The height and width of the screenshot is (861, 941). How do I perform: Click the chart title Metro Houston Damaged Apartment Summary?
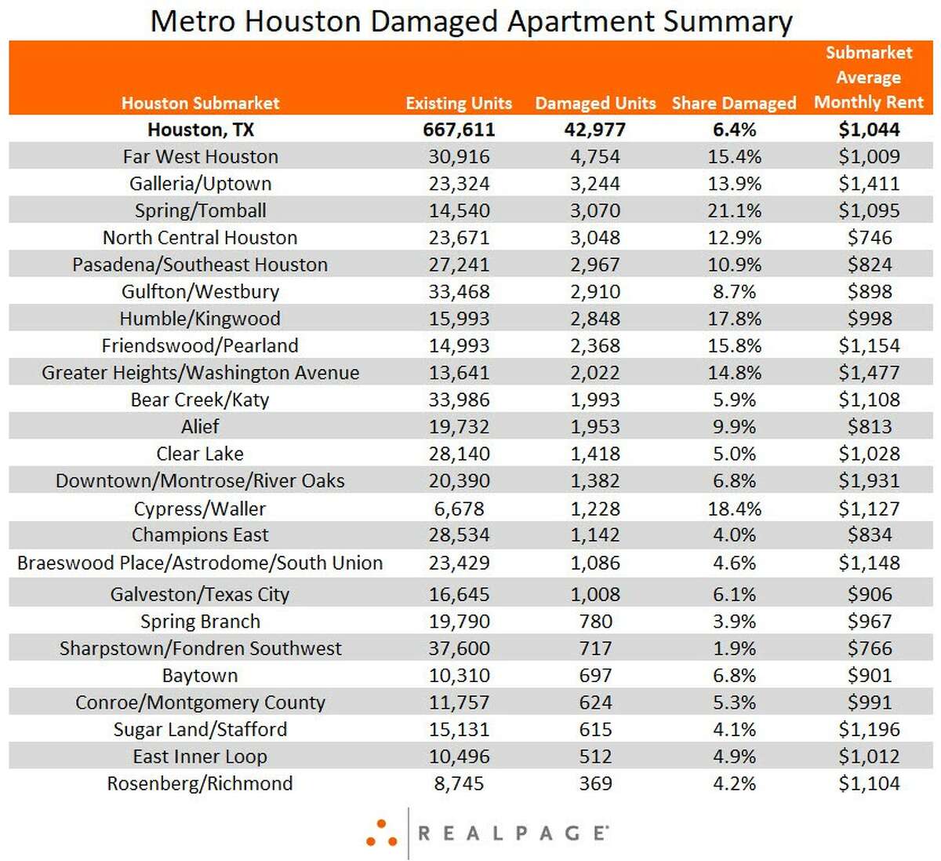pos(471,22)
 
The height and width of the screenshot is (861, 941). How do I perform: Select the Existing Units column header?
pos(459,103)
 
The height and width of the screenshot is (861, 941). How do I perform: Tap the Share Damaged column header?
pos(734,103)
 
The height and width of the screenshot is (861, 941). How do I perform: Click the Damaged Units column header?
pos(595,103)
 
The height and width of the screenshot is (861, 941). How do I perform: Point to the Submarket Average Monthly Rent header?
pos(869,78)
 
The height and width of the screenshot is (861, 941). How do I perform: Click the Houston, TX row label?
pos(201,130)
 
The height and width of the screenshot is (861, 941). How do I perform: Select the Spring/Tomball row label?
pos(201,211)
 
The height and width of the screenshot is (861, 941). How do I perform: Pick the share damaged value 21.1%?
pos(734,210)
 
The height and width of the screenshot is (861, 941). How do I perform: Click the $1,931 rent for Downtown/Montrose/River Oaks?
pos(869,480)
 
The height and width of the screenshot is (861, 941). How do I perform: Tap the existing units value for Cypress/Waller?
pos(459,509)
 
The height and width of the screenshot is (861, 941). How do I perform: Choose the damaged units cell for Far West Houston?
pos(595,157)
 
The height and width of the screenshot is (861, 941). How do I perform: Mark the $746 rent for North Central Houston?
pos(869,238)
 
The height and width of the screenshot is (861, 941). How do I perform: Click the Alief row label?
pos(200,426)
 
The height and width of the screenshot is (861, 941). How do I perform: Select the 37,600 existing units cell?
pos(459,648)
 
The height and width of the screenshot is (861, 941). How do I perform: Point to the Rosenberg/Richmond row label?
pos(200,783)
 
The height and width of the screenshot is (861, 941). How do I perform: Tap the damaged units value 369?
pos(595,783)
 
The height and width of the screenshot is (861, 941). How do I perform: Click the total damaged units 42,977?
pos(595,130)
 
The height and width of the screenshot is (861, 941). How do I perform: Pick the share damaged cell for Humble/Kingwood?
pos(734,319)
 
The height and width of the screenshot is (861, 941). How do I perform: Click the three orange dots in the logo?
pos(381,834)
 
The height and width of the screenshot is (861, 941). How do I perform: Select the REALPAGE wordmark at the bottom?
pos(513,834)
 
